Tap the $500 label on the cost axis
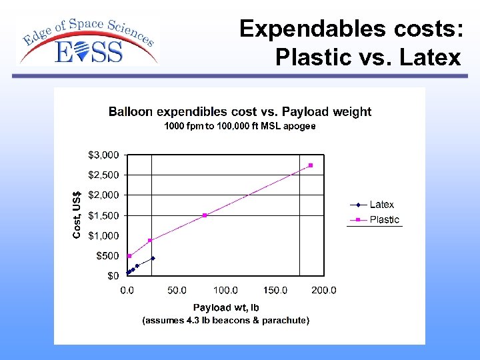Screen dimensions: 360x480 click(x=107, y=255)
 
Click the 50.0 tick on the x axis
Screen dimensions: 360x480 click(x=176, y=290)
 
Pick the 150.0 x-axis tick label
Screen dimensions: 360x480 click(x=275, y=290)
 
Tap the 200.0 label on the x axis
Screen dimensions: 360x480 click(x=324, y=290)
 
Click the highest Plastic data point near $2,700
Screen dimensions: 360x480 click(x=311, y=165)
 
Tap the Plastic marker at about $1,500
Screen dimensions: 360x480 click(x=205, y=215)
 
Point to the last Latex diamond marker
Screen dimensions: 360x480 click(x=153, y=257)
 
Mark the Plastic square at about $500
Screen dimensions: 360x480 click(x=129, y=256)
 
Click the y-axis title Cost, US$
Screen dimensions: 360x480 click(x=77, y=212)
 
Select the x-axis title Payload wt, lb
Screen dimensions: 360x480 click(x=226, y=307)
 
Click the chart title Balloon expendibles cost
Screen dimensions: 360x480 click(x=240, y=111)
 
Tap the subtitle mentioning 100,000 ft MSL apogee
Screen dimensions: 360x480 click(x=240, y=126)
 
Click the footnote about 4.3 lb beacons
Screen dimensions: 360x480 click(x=226, y=321)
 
